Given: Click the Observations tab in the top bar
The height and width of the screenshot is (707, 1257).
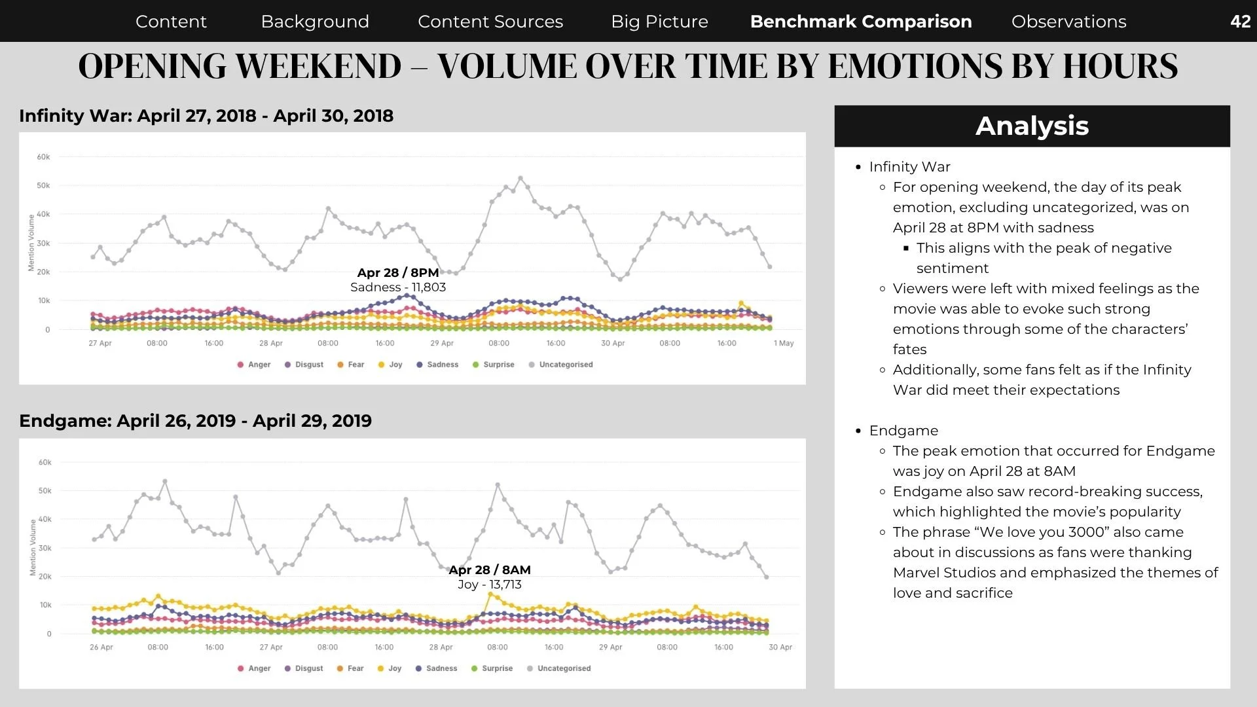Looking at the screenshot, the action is click(x=1068, y=22).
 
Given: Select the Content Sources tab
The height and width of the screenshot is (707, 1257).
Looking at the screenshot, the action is click(x=490, y=22).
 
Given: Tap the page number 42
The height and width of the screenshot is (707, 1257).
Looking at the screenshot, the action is click(x=1241, y=22).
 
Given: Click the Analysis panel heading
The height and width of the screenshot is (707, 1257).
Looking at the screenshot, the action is click(x=1032, y=126).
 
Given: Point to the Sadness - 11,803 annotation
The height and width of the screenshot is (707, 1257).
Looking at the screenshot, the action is click(x=398, y=287).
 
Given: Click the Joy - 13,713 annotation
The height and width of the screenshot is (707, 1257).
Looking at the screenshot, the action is click(x=490, y=585).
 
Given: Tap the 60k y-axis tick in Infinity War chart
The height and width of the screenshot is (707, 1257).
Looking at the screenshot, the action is click(x=43, y=157).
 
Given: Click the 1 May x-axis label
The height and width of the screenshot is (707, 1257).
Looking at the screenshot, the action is click(x=784, y=343).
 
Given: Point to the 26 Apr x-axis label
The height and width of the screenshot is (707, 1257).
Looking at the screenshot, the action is click(x=101, y=647).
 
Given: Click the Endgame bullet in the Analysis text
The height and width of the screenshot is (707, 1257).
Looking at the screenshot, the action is click(x=903, y=431).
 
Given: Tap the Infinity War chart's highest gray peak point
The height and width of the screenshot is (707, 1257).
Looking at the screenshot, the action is click(x=520, y=178).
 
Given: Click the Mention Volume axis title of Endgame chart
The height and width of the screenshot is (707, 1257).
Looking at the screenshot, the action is click(x=33, y=547).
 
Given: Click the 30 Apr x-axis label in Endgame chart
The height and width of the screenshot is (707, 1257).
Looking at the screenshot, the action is click(x=780, y=647).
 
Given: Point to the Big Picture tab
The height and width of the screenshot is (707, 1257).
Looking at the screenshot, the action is click(x=659, y=22).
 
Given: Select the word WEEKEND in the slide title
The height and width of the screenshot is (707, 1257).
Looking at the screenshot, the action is click(x=318, y=66).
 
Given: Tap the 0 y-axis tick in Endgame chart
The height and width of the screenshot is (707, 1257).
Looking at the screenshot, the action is click(x=48, y=634).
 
